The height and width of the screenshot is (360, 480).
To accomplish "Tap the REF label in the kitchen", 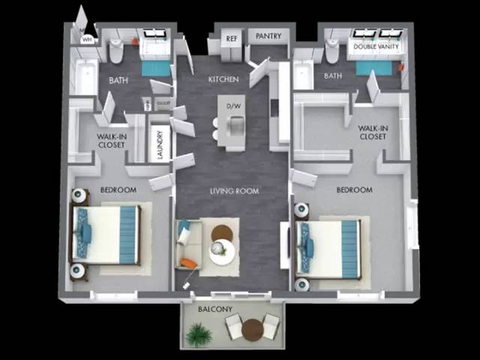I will (232, 36).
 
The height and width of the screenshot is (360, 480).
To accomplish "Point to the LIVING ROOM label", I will (234, 191).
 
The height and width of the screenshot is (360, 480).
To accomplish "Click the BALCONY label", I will (215, 309).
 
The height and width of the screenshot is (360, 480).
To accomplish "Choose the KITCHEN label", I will (223, 79).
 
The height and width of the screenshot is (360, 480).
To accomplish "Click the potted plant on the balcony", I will (198, 334).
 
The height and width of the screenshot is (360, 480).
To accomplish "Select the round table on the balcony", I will (253, 329).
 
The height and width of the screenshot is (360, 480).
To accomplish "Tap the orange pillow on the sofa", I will (188, 262).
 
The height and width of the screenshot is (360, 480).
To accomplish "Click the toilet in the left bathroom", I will (116, 51).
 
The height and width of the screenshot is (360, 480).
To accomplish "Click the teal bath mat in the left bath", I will (157, 69).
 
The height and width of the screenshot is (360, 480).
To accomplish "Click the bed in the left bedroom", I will (106, 233).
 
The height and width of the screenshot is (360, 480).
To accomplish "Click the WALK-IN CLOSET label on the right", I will (373, 133).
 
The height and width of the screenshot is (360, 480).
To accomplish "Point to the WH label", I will (87, 39).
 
